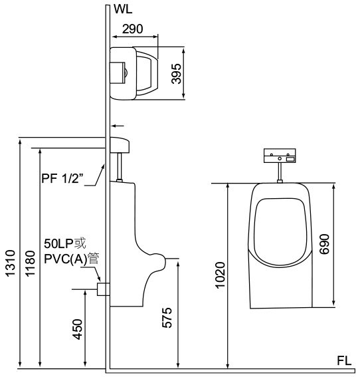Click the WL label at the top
click(x=123, y=9)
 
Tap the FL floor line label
click(x=344, y=361)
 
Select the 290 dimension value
click(x=133, y=29)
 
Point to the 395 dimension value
click(x=177, y=74)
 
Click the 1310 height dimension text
click(x=11, y=263)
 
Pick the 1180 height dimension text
click(x=31, y=263)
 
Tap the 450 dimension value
click(x=78, y=329)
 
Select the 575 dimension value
click(x=167, y=318)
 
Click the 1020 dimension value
click(x=221, y=275)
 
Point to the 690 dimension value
click(x=324, y=244)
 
